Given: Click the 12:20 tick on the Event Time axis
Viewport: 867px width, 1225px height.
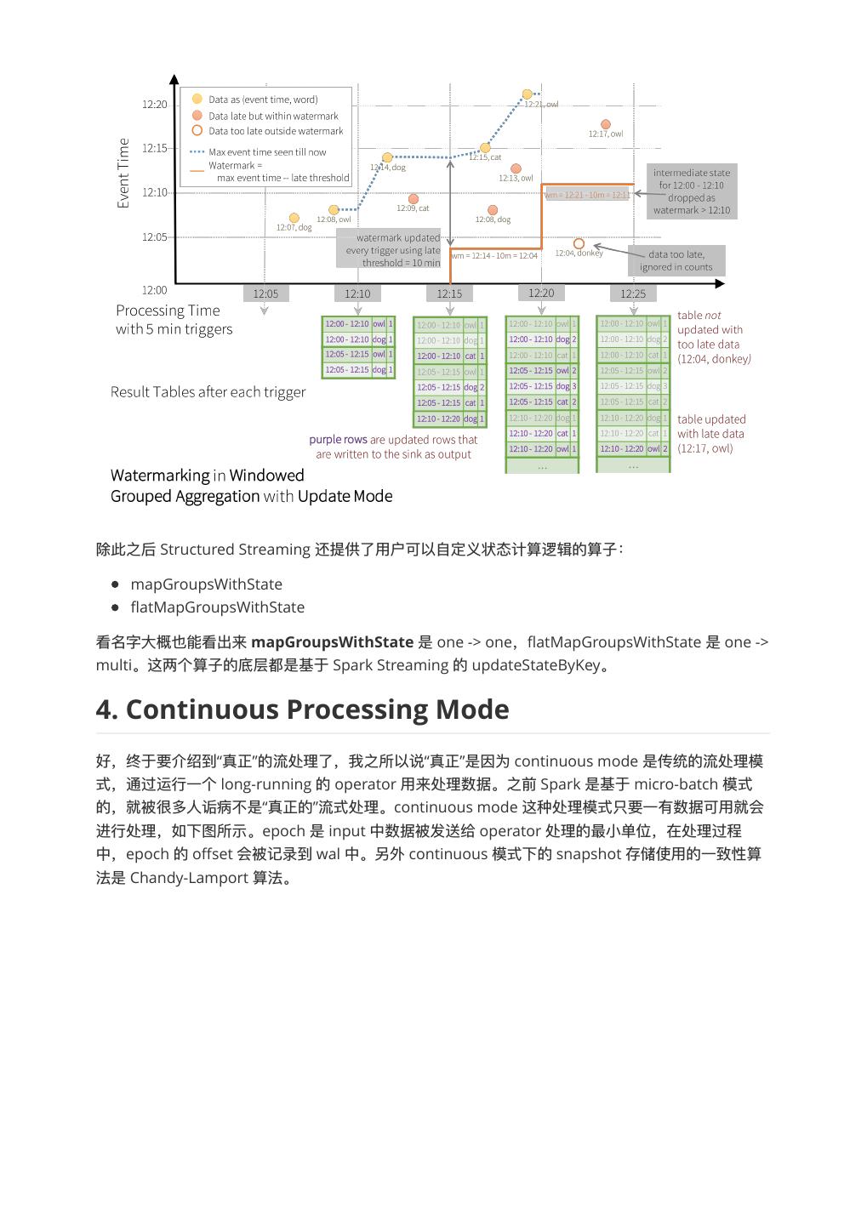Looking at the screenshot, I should pos(155,105).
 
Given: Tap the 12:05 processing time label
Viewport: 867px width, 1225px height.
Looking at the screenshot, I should pos(265,293).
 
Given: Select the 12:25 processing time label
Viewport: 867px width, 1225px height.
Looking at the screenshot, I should pos(633,293).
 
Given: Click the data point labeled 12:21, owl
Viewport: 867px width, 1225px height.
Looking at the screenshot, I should pos(527,94).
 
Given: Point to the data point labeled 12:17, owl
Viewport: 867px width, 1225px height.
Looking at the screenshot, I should pos(606,125).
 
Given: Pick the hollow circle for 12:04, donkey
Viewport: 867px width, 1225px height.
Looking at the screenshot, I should pos(579,244).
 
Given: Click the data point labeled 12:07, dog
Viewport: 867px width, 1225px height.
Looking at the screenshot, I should pos(294,219).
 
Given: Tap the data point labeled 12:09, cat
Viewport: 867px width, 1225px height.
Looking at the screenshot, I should pos(414,199).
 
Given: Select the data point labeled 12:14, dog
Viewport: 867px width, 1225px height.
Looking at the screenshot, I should pos(387,157).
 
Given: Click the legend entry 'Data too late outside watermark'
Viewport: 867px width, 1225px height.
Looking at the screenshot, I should pos(275,131).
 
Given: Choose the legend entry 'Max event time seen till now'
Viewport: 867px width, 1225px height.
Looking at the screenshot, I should pos(266,152).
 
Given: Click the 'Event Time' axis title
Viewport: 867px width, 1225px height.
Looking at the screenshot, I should pos(123,173).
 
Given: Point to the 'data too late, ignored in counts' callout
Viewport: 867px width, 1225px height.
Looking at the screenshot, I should pos(676,260).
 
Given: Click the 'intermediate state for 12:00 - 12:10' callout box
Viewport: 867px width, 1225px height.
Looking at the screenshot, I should pos(691,191).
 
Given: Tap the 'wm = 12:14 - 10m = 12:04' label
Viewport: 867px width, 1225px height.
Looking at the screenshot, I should pos(494,255).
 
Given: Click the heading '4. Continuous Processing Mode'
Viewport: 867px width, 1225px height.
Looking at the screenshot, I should pos(302,709).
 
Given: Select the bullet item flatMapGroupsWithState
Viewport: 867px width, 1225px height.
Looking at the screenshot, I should pos(217,607).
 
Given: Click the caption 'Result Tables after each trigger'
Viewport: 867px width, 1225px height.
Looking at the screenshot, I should pos(208,392).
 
